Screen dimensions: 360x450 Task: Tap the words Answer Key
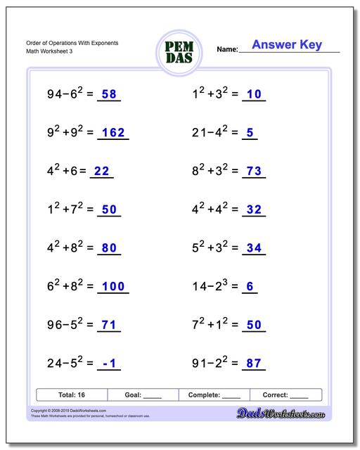[x=287, y=45]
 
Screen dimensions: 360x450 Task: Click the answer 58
[x=109, y=94]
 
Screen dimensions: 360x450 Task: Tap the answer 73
[x=255, y=170]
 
